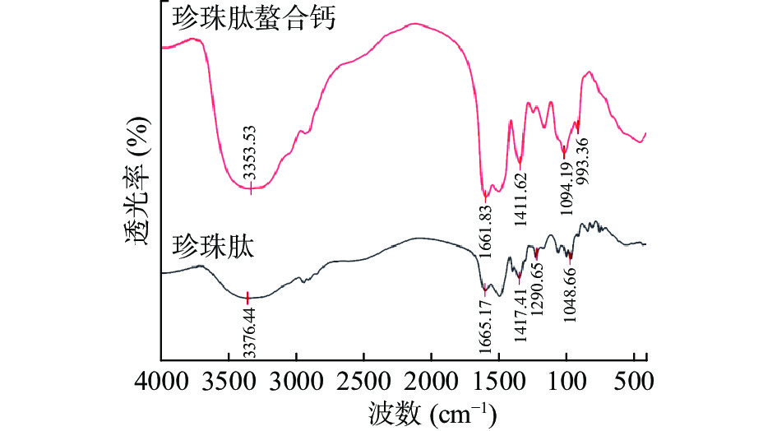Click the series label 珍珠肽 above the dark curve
213,246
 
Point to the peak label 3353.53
251,153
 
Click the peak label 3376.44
248,330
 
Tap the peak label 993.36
581,160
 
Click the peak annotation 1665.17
485,329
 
